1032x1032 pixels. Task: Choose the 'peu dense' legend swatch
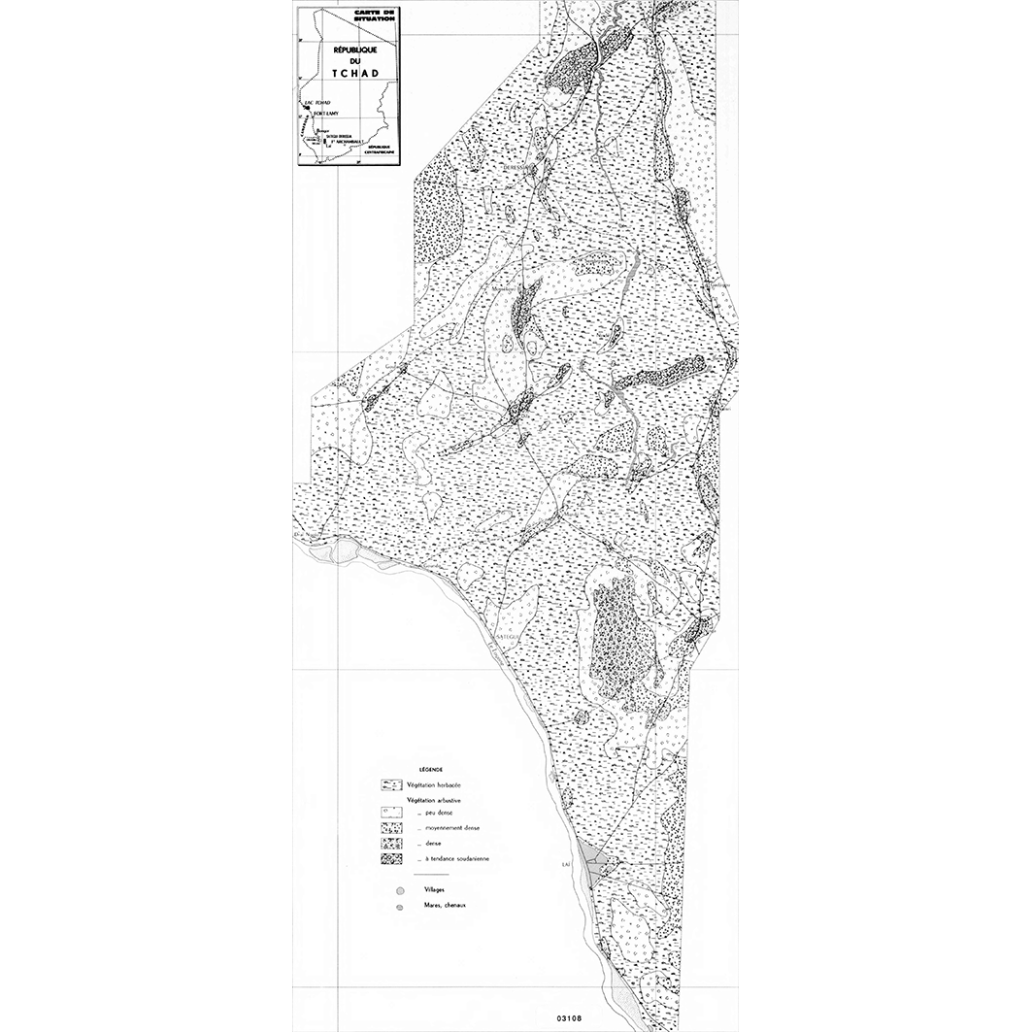(391, 812)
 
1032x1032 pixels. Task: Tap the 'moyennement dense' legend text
(452, 828)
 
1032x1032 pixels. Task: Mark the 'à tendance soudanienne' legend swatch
(391, 859)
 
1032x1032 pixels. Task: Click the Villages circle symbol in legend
(398, 889)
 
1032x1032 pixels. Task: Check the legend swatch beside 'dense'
(391, 844)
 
